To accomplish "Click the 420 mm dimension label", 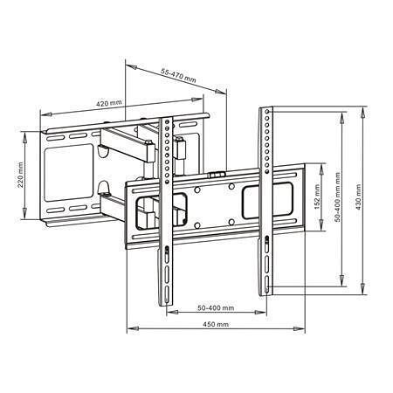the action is pyautogui.click(x=108, y=103).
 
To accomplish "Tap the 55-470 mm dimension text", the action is pyautogui.click(x=178, y=75).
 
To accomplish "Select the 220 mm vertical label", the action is pyautogui.click(x=20, y=175).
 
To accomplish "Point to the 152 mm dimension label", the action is pyautogui.click(x=317, y=196).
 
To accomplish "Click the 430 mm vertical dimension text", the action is pyautogui.click(x=358, y=196).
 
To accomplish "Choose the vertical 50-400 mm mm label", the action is pyautogui.click(x=337, y=197).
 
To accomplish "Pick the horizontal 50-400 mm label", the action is pyautogui.click(x=216, y=307).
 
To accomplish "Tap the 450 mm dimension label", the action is pyautogui.click(x=216, y=324).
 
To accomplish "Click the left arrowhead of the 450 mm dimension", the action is pyautogui.click(x=133, y=328).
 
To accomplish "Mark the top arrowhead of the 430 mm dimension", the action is pyautogui.click(x=362, y=113).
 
